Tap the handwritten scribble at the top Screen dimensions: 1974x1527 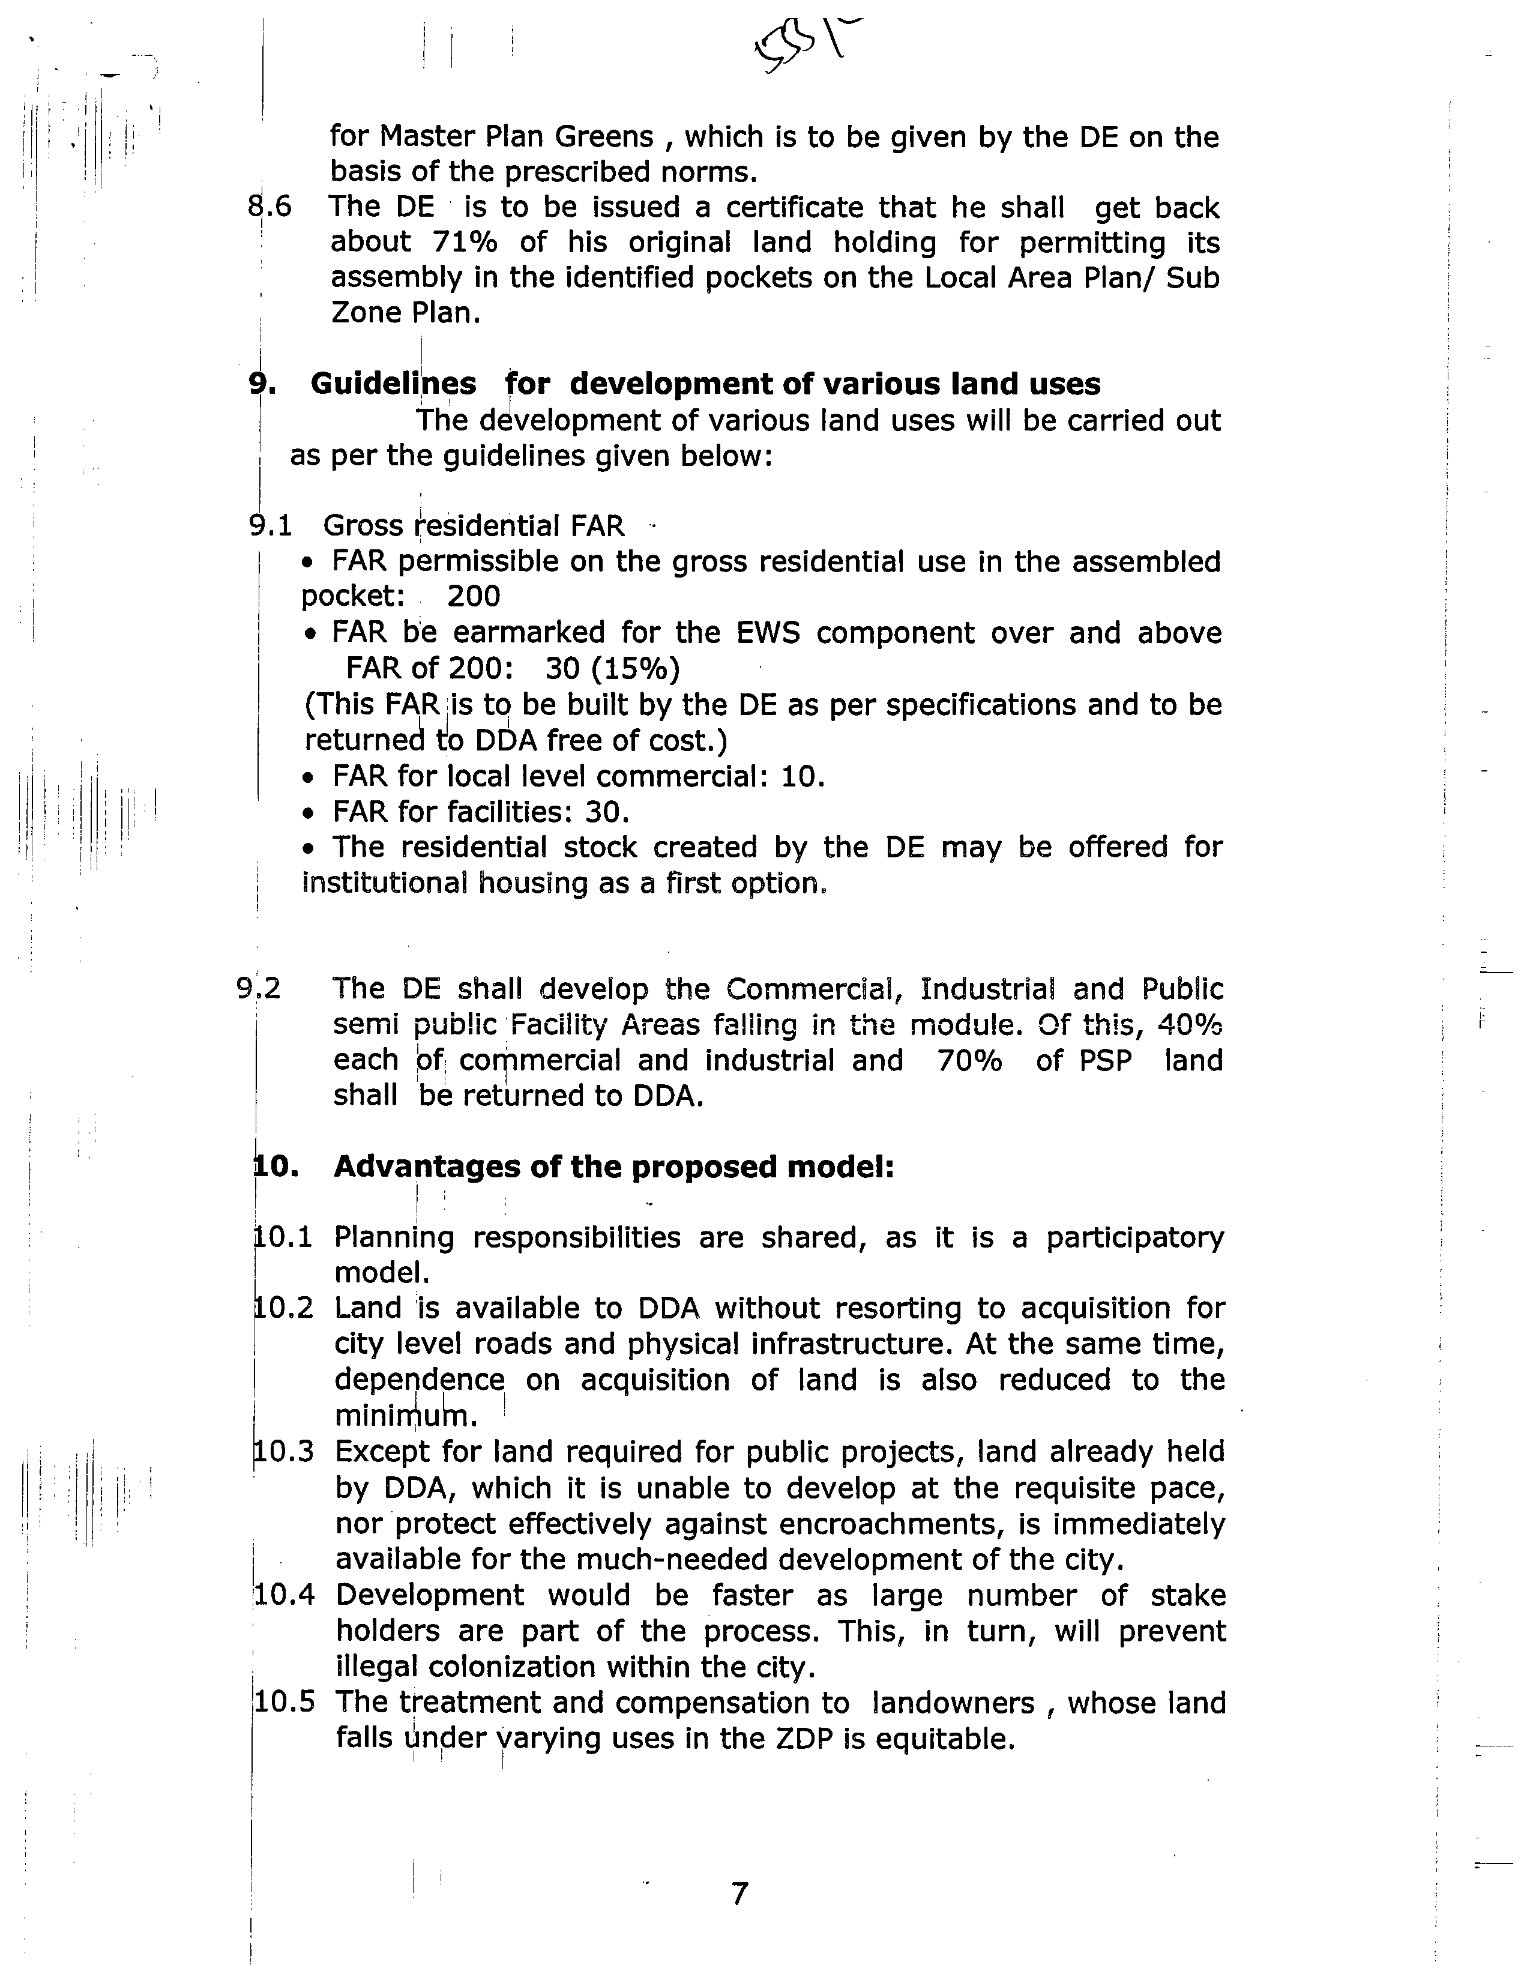click(805, 45)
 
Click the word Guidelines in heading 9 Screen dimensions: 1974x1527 click(393, 384)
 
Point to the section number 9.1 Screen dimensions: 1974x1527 click(270, 525)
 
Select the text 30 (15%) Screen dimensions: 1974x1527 click(613, 668)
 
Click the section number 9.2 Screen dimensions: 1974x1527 click(259, 989)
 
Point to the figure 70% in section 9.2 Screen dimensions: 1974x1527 click(969, 1060)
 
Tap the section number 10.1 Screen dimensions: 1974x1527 click(283, 1237)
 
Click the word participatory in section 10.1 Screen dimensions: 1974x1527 click(1135, 1237)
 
